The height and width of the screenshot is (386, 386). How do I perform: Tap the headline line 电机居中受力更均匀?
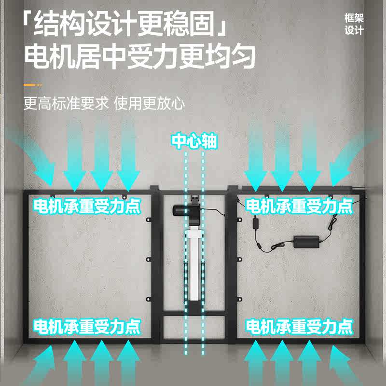(x=139, y=57)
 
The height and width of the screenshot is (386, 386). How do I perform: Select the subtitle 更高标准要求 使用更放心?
(x=104, y=104)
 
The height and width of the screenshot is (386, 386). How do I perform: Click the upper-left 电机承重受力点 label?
(x=87, y=207)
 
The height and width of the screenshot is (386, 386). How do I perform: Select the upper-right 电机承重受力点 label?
(x=299, y=207)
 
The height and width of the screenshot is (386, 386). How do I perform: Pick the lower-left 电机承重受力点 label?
(x=87, y=327)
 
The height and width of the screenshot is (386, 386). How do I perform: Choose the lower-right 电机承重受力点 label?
(x=299, y=327)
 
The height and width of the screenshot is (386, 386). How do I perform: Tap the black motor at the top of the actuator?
(x=185, y=211)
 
